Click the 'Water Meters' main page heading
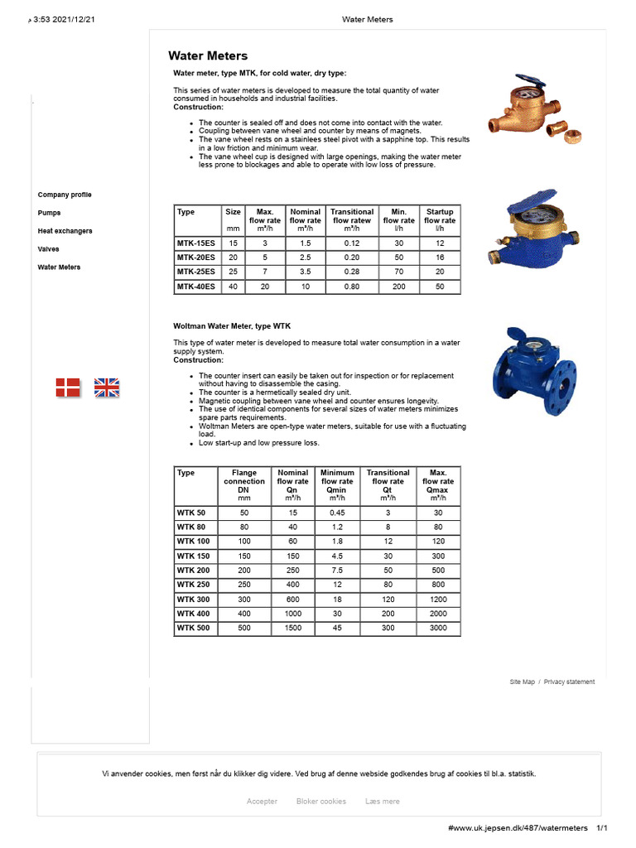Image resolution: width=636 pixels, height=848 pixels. coord(208,56)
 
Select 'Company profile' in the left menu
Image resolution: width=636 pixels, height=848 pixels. coord(65,195)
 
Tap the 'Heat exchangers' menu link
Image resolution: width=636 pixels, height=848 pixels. coord(65,231)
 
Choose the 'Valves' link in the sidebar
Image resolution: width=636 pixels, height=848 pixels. coord(48,249)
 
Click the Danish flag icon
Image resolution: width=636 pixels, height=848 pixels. coord(68,387)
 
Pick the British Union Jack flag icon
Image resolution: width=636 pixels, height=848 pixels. coord(107,387)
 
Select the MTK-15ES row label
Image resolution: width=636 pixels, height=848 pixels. coord(196,243)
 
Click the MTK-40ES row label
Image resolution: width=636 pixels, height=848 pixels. coord(196,287)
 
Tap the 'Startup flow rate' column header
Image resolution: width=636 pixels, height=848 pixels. coord(439,220)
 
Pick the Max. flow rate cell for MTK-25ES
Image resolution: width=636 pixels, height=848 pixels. coord(265,272)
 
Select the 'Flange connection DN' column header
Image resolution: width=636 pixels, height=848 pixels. coord(244,485)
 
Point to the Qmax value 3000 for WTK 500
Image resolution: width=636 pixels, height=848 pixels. coord(438,629)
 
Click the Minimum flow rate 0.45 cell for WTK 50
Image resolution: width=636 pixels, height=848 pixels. coord(337,513)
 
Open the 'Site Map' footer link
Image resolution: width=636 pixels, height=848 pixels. coord(522,682)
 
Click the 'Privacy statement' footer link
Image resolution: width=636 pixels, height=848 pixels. coord(569,682)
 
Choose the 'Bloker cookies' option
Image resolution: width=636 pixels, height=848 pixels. coord(321,801)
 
